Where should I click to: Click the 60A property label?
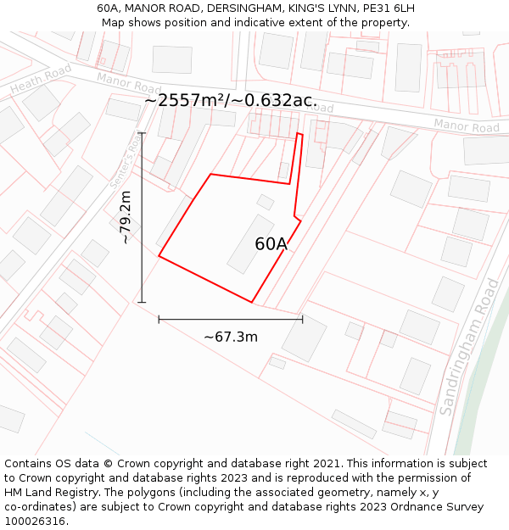click(x=271, y=244)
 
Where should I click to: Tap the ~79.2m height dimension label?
click(x=125, y=218)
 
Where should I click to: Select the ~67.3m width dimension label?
click(x=231, y=338)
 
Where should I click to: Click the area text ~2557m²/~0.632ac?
click(x=231, y=100)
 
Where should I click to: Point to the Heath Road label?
click(x=42, y=80)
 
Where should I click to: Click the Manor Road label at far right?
click(x=467, y=126)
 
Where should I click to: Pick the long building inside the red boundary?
click(x=250, y=243)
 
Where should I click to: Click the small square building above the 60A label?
click(x=266, y=202)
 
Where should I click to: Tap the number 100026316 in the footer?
click(x=36, y=522)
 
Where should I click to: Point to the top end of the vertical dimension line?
click(x=142, y=133)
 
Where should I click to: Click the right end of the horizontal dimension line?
click(x=302, y=320)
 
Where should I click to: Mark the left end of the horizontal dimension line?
click(x=159, y=320)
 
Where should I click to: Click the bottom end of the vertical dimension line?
click(x=142, y=302)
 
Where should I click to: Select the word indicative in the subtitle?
click(x=291, y=23)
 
